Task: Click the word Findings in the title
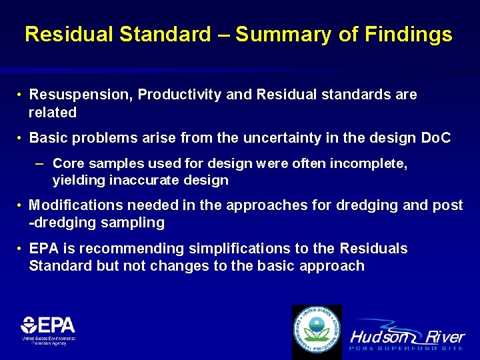point(409,35)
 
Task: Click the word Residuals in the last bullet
point(373,249)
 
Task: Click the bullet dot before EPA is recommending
point(21,249)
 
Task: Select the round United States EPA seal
point(317,331)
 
